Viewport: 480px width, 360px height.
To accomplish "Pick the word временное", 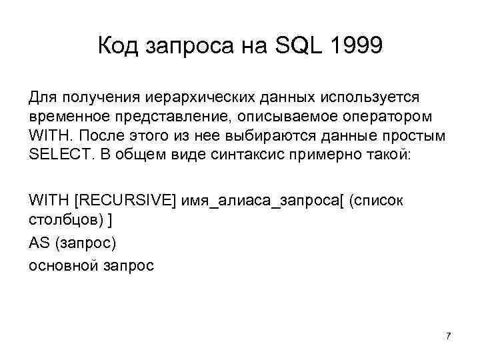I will (67, 117).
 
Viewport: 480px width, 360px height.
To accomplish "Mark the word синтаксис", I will (247, 154).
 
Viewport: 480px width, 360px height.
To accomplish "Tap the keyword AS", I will (39, 243).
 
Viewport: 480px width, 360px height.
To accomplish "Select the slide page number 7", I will (448, 335).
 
